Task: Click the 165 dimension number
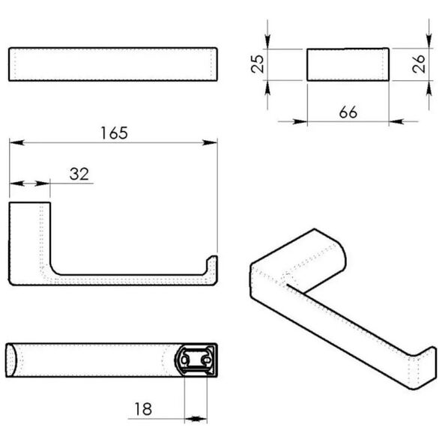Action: [x=114, y=133]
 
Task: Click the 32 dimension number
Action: [x=79, y=174]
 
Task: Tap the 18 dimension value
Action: [x=144, y=409]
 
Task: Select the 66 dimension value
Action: [x=348, y=112]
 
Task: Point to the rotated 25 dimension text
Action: [x=258, y=64]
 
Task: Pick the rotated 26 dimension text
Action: [x=418, y=64]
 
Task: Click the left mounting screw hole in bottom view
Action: [x=184, y=360]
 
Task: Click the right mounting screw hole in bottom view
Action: [x=206, y=360]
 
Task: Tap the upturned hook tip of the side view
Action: [x=212, y=257]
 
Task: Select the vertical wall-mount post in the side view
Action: [x=30, y=240]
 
